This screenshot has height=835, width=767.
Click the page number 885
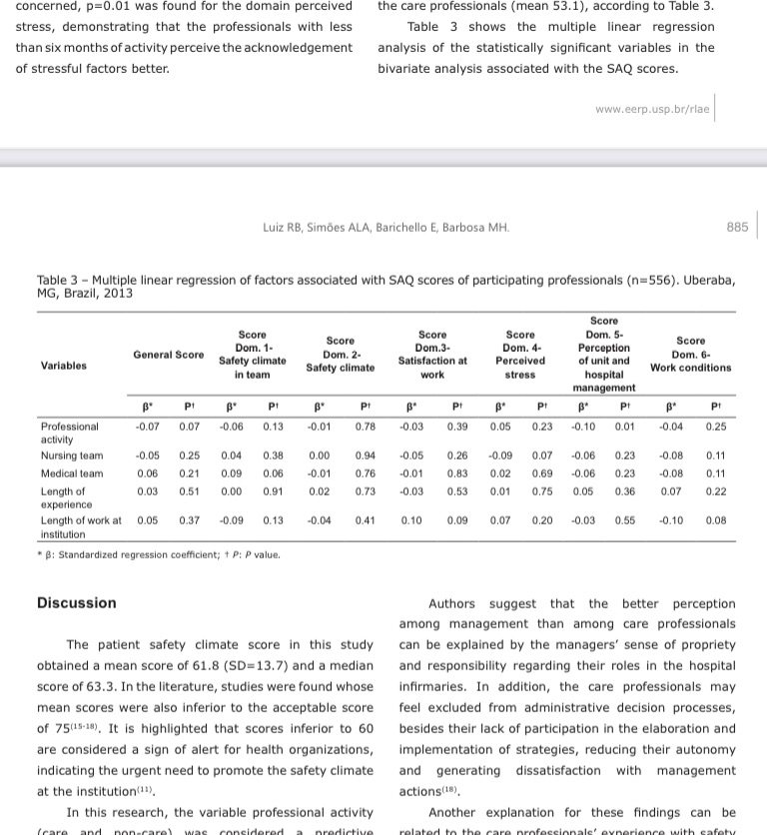(737, 228)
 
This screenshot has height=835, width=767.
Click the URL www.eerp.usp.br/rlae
(652, 109)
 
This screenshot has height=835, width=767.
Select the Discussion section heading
(77, 603)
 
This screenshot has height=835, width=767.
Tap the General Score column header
(169, 355)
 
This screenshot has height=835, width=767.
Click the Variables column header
(64, 366)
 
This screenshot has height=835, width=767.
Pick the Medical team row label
(72, 473)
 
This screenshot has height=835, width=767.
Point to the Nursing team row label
(72, 455)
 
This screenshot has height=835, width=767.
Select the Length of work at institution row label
(80, 526)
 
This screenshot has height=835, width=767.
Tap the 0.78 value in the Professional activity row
(365, 426)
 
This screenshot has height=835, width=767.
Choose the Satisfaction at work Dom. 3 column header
(432, 355)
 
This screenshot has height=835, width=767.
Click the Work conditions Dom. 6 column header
(690, 355)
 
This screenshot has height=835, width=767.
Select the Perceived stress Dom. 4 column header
(520, 355)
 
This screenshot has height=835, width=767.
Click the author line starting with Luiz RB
(379, 228)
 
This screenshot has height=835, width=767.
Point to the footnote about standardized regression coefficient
(160, 554)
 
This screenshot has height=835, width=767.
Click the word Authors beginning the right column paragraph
(451, 603)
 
